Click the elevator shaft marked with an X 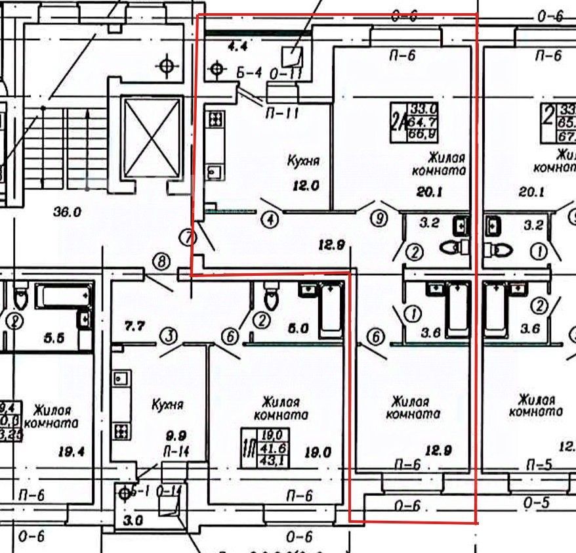(151, 138)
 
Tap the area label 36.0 (67, 212)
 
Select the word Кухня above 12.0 (303, 160)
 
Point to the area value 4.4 (235, 46)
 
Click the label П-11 (282, 114)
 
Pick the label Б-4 (249, 73)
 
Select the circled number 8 (161, 261)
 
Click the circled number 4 (270, 218)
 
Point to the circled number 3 (169, 337)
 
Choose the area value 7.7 (134, 325)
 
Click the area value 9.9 (177, 435)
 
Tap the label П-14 (176, 452)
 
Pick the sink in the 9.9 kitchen (121, 379)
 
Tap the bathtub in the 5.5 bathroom (63, 296)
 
